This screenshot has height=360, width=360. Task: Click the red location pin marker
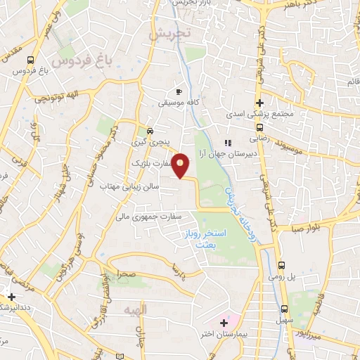pyautogui.click(x=181, y=166)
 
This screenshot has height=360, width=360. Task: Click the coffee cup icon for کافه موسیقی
pyautogui.click(x=179, y=92)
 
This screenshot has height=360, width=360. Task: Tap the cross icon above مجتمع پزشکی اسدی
pyautogui.click(x=259, y=103)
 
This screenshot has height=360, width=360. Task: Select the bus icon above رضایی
pyautogui.click(x=259, y=128)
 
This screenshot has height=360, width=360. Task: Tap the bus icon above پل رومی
pyautogui.click(x=282, y=266)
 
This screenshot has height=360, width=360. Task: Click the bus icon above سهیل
pyautogui.click(x=283, y=309)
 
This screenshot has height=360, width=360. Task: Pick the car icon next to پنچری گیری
pyautogui.click(x=150, y=131)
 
